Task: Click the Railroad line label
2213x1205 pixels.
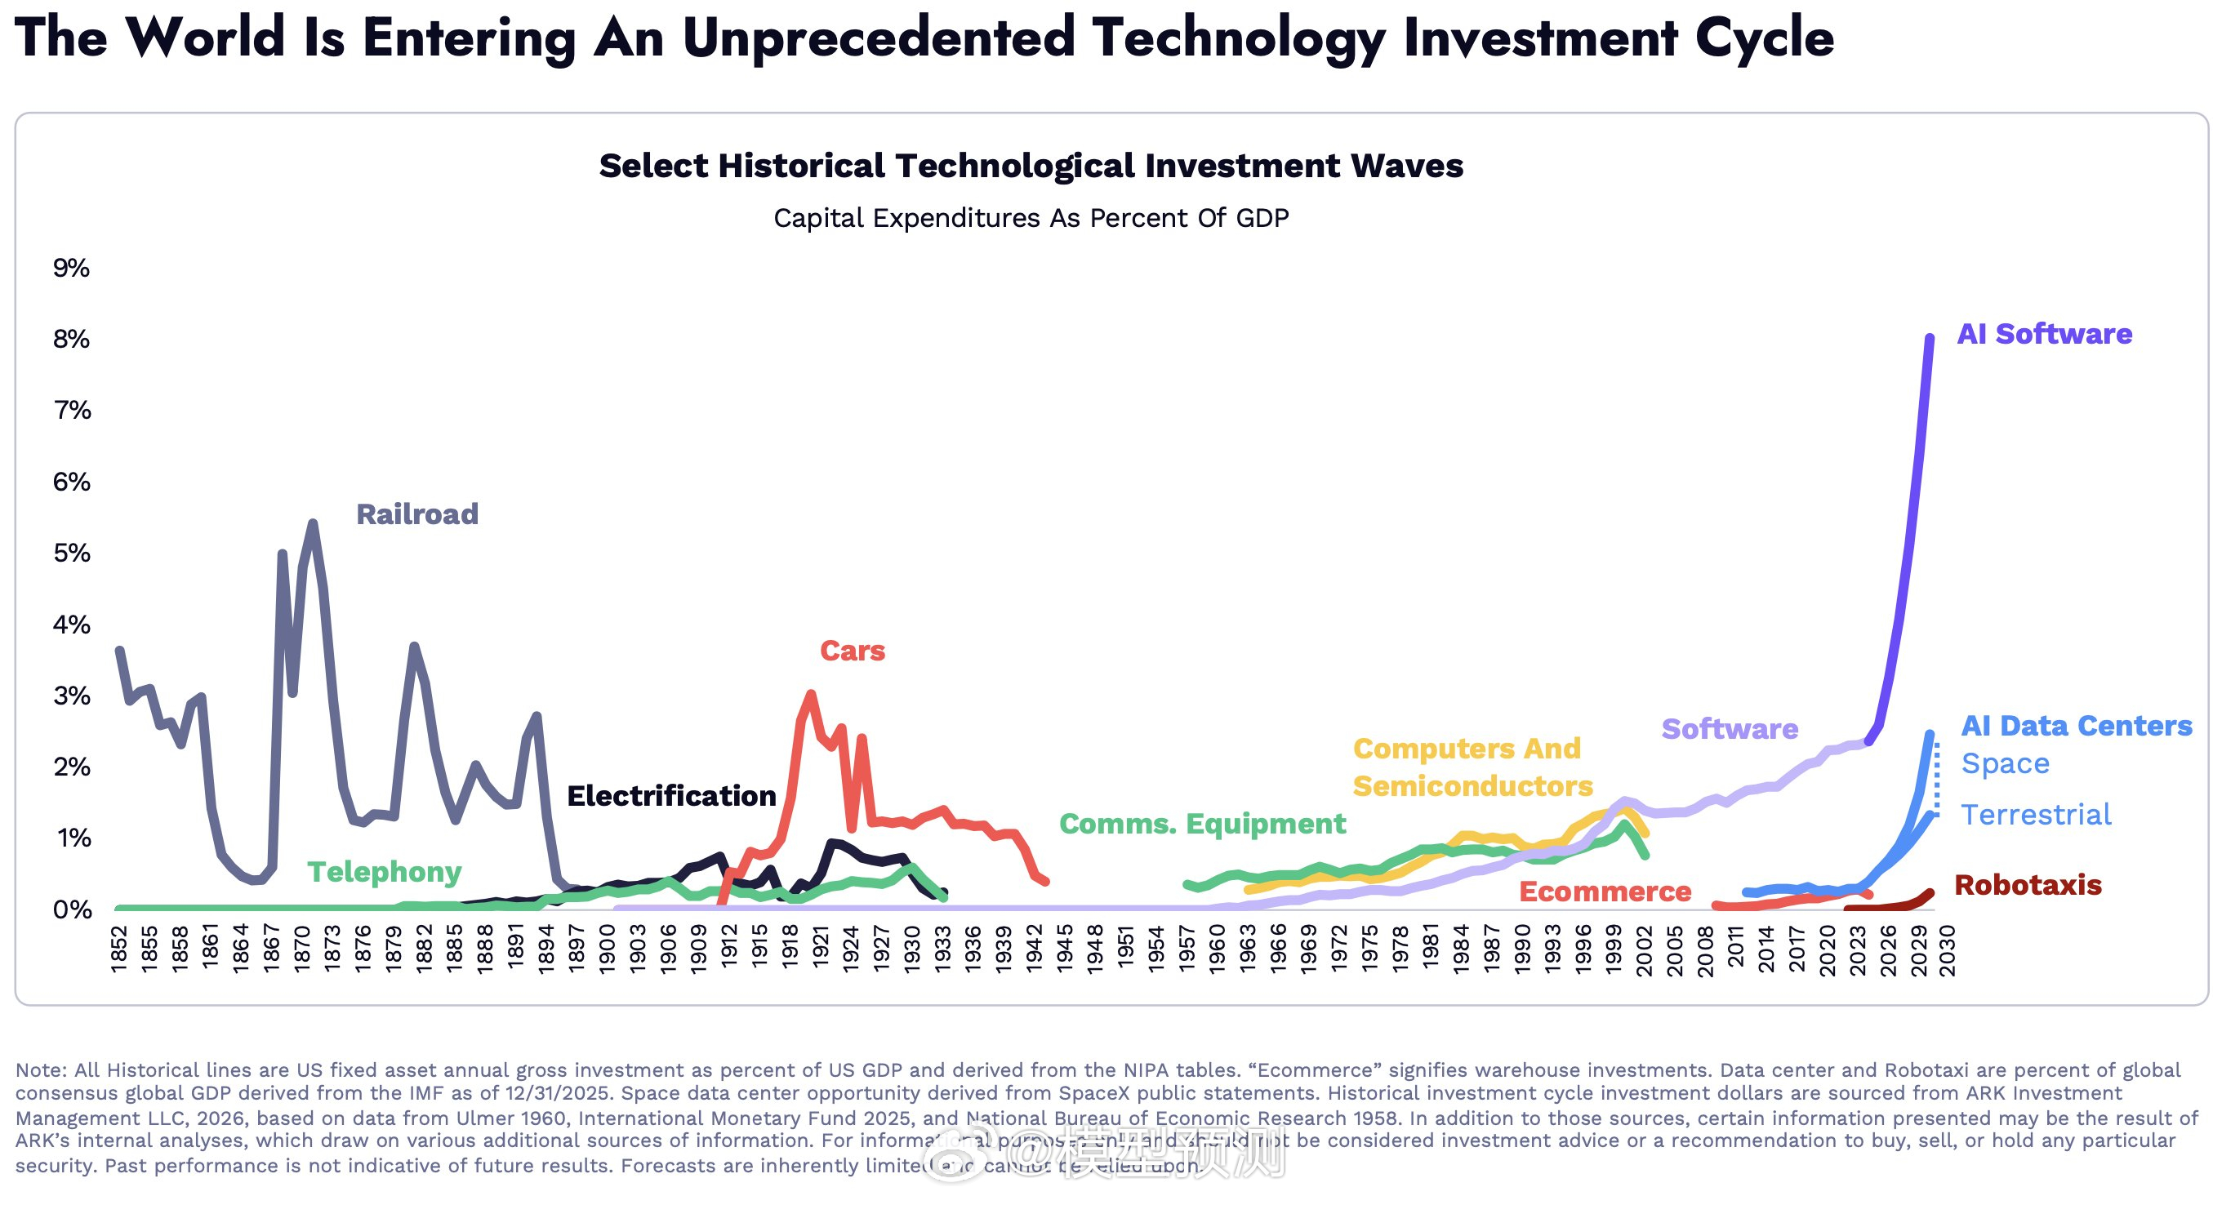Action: (416, 514)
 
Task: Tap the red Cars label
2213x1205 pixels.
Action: (852, 651)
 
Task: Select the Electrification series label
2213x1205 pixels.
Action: (671, 796)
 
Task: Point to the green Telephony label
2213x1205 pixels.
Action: (384, 872)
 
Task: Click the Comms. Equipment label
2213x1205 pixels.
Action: (1202, 824)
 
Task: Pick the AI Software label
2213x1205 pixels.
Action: (2044, 334)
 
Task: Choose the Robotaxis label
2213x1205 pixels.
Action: (2027, 885)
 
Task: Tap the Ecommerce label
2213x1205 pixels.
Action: (1605, 892)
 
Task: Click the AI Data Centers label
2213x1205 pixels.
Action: (2076, 726)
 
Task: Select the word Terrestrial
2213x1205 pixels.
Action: (2035, 814)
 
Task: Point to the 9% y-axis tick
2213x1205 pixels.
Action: (71, 268)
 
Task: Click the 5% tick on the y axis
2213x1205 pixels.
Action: (71, 554)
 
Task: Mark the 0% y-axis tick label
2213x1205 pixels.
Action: (71, 909)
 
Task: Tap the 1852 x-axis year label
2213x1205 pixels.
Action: (118, 949)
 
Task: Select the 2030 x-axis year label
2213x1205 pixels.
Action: (1948, 951)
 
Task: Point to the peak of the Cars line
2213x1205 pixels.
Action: (811, 692)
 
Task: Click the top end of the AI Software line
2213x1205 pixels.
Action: (1930, 337)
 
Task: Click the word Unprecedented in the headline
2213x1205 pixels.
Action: (878, 38)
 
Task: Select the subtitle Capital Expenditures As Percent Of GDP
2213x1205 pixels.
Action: (1030, 218)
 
